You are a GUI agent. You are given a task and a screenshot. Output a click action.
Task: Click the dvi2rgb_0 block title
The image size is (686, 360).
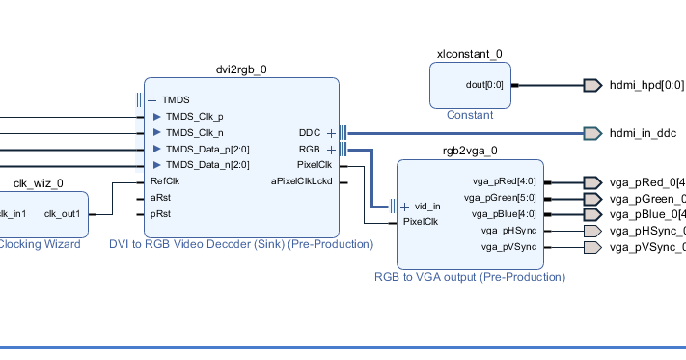point(241,69)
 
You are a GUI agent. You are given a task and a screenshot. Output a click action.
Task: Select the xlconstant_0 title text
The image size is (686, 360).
point(470,54)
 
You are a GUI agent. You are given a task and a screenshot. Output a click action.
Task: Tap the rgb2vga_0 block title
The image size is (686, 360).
point(470,151)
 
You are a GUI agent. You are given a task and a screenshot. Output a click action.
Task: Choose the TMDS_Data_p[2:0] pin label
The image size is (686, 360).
point(207,149)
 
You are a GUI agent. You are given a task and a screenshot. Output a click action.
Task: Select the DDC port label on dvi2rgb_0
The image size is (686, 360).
point(310,132)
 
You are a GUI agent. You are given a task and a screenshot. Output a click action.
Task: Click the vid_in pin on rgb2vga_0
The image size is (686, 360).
point(427,206)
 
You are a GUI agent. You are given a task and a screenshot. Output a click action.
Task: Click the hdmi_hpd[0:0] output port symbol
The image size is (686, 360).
point(592,85)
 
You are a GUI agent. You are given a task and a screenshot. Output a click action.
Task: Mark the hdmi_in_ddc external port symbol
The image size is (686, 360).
point(592,132)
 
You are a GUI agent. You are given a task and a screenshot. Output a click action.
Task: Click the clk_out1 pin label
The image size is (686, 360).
point(63,213)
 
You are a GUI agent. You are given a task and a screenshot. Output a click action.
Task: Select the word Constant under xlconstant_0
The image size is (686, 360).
point(470,115)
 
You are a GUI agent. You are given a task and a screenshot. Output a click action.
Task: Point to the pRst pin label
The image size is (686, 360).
point(160,213)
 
